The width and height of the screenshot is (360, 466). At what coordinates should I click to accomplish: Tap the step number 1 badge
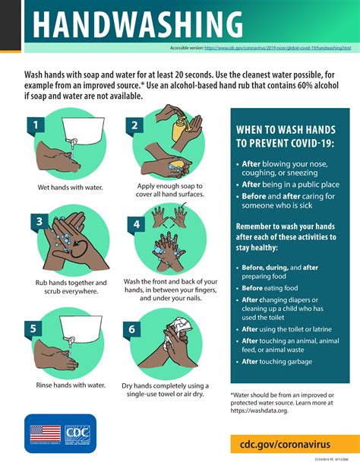coord(34,124)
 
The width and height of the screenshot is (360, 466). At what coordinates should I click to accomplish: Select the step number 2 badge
coord(134,125)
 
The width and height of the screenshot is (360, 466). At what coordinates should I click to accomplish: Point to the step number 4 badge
coord(136,224)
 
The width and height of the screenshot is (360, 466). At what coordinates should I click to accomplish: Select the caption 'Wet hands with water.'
coord(70,186)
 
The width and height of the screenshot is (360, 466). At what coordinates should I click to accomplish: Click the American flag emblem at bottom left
coord(45,434)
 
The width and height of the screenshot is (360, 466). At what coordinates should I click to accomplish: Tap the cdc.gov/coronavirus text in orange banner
coord(289,442)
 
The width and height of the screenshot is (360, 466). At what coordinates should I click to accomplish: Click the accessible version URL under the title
coord(277,48)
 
